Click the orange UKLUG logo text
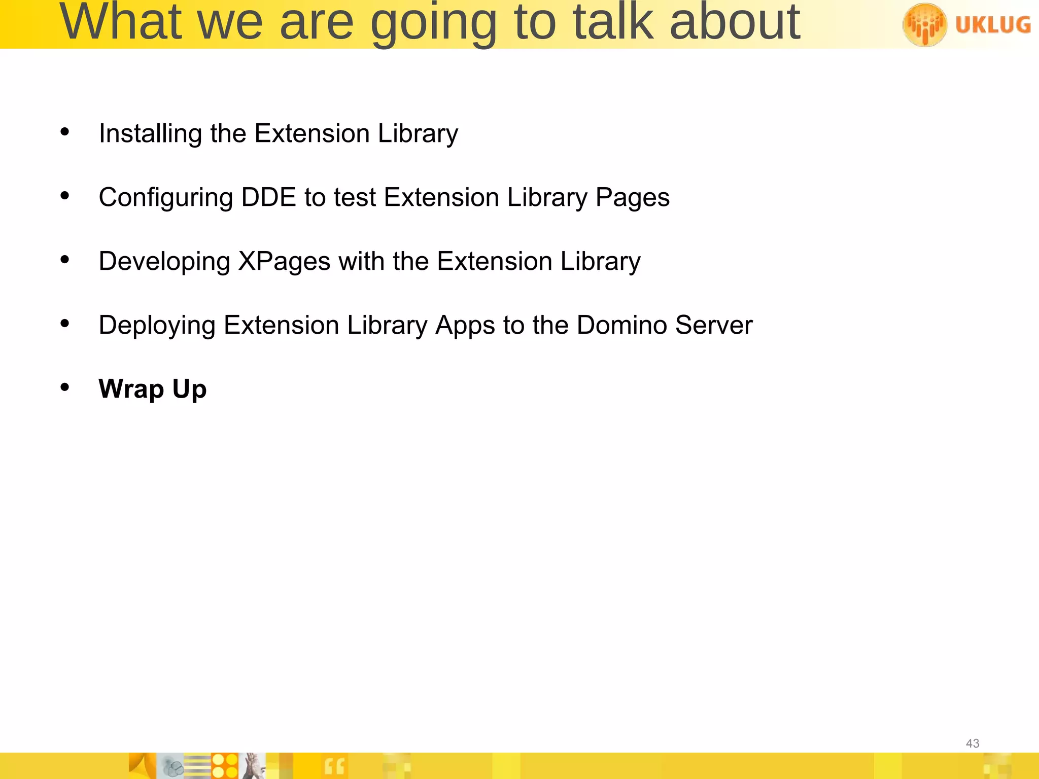(993, 25)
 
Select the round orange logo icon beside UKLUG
(924, 24)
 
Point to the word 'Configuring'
(165, 198)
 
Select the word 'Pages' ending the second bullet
(632, 198)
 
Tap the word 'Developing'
(164, 262)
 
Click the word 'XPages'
(284, 262)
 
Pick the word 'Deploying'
(157, 326)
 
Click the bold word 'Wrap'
(131, 389)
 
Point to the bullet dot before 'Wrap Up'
(64, 387)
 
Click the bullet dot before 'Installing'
(64, 132)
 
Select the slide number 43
(972, 743)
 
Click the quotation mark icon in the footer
(334, 766)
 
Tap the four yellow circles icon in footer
(225, 766)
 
